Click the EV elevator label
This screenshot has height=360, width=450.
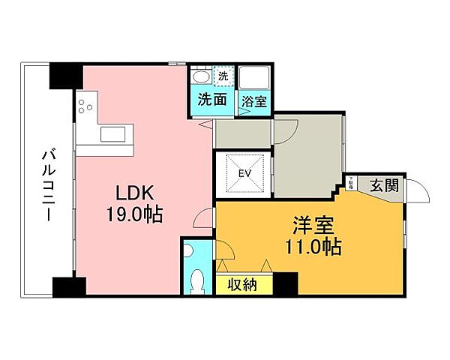tap(244, 174)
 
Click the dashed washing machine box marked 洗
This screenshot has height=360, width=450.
tap(223, 76)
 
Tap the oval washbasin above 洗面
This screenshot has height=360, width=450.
tap(200, 77)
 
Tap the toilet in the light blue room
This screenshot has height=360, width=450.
tap(198, 281)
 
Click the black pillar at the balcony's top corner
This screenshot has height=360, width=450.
tap(65, 75)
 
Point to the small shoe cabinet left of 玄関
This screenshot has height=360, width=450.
tap(352, 182)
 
